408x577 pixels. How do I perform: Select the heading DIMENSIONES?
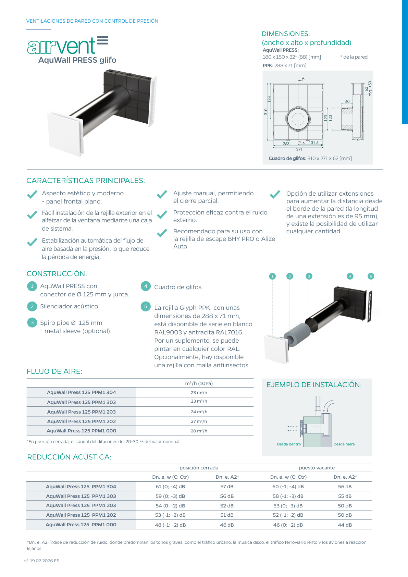[286, 34]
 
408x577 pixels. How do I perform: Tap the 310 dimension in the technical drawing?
[266, 112]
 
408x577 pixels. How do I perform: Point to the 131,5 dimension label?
[313, 143]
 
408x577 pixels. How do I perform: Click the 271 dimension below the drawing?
[299, 149]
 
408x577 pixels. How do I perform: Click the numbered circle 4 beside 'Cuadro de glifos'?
[146, 286]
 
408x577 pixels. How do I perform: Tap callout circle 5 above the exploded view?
[371, 276]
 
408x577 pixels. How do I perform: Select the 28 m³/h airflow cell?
[199, 431]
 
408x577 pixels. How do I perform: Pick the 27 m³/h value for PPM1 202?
[199, 421]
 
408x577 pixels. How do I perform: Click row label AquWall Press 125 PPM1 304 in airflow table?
[82, 392]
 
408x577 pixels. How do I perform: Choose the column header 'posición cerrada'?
[199, 468]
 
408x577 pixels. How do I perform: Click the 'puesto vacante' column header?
[317, 468]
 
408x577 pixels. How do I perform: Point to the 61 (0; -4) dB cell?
[170, 487]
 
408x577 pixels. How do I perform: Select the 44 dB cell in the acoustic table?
[345, 525]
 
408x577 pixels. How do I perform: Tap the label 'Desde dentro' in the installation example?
[289, 444]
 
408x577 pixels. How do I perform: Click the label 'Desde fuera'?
[344, 444]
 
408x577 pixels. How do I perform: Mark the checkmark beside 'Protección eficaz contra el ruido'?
[162, 215]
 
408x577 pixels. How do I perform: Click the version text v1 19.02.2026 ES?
[42, 561]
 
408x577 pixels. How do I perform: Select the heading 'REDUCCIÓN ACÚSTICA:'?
[69, 457]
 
